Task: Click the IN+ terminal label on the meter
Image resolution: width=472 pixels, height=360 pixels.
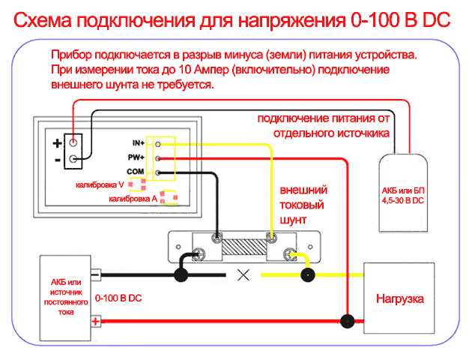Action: point(138,142)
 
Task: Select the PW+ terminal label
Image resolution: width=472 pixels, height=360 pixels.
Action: point(137,157)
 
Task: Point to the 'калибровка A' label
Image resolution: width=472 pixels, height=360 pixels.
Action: point(133,199)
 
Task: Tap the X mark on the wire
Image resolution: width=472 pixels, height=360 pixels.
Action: point(243,274)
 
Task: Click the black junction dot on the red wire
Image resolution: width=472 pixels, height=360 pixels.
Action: point(346,322)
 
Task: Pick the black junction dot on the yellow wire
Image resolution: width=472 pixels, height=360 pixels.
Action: point(307,275)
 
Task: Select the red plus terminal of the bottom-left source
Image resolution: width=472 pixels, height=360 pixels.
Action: point(95,322)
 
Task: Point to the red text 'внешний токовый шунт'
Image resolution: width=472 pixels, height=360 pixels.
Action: point(303,204)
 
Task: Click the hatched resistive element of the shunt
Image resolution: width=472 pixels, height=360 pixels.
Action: point(243,245)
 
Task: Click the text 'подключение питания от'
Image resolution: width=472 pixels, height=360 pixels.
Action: point(323,119)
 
